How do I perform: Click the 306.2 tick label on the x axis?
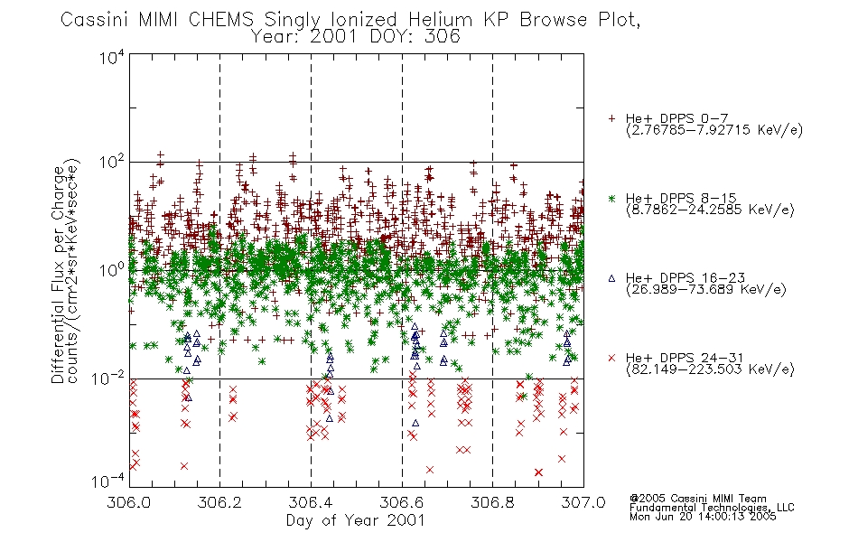[x=219, y=502]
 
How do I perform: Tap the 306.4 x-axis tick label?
[x=311, y=502]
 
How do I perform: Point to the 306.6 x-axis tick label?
[x=402, y=502]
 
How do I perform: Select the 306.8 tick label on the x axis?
[x=492, y=502]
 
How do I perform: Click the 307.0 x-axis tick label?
[x=583, y=502]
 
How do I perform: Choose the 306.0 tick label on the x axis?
[x=128, y=502]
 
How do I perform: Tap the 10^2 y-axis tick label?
[x=112, y=162]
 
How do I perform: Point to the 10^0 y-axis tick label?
[x=112, y=270]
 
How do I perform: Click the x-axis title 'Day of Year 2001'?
[x=356, y=520]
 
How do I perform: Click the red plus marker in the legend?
[x=611, y=118]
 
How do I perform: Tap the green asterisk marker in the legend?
[x=611, y=198]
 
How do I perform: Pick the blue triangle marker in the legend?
[x=611, y=278]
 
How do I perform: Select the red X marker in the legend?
[x=611, y=358]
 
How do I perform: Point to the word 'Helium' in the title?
[x=440, y=20]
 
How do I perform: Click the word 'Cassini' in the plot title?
[x=94, y=20]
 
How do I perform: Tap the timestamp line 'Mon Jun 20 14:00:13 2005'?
[x=703, y=517]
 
